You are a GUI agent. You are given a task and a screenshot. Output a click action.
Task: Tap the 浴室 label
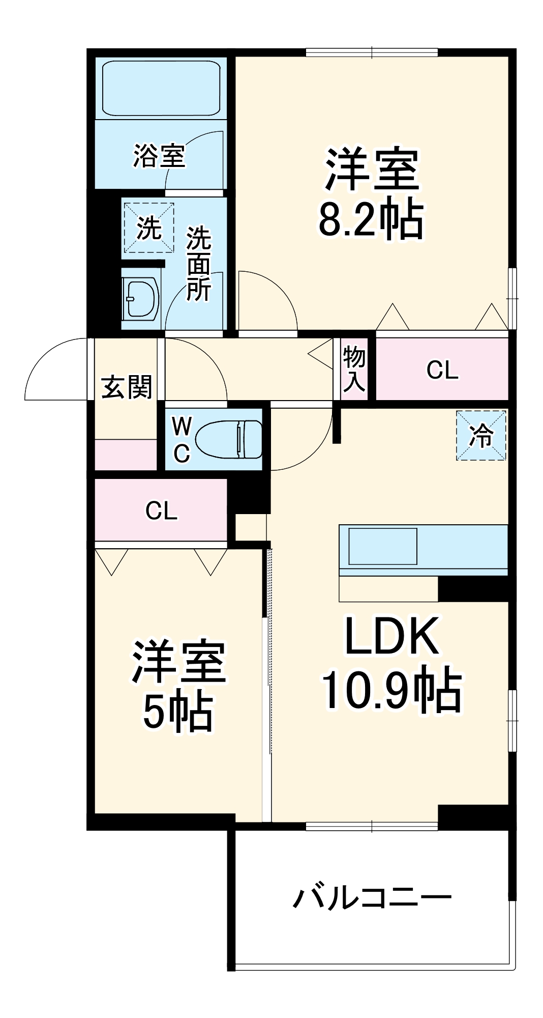[x=159, y=155]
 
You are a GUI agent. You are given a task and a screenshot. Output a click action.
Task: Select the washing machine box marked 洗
[x=149, y=228]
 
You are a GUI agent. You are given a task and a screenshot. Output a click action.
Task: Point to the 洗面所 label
[x=198, y=264]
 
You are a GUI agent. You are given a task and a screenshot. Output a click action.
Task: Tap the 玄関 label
[x=127, y=387]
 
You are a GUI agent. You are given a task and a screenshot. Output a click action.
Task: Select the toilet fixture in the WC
[x=229, y=439]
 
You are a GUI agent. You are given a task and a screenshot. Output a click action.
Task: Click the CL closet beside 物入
[x=442, y=370]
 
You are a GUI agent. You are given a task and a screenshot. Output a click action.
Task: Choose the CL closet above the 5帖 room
[x=161, y=511]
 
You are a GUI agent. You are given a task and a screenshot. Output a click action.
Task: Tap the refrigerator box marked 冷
[x=481, y=436]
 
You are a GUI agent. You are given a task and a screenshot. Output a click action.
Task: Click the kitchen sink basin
[x=382, y=546]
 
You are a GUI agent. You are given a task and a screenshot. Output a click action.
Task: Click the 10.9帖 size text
[x=391, y=691]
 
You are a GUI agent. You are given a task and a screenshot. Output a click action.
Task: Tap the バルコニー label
[x=372, y=898]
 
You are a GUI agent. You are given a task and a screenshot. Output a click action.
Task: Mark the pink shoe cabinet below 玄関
[x=126, y=455]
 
